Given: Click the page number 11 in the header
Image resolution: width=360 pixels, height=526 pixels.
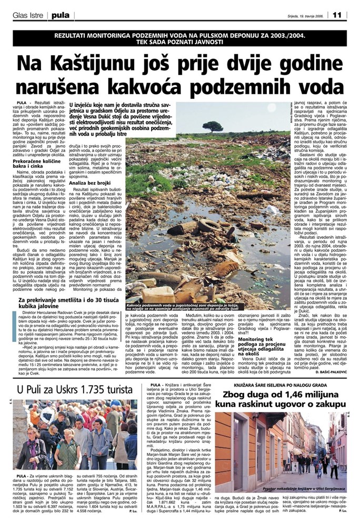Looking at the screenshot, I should (x=337, y=14).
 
